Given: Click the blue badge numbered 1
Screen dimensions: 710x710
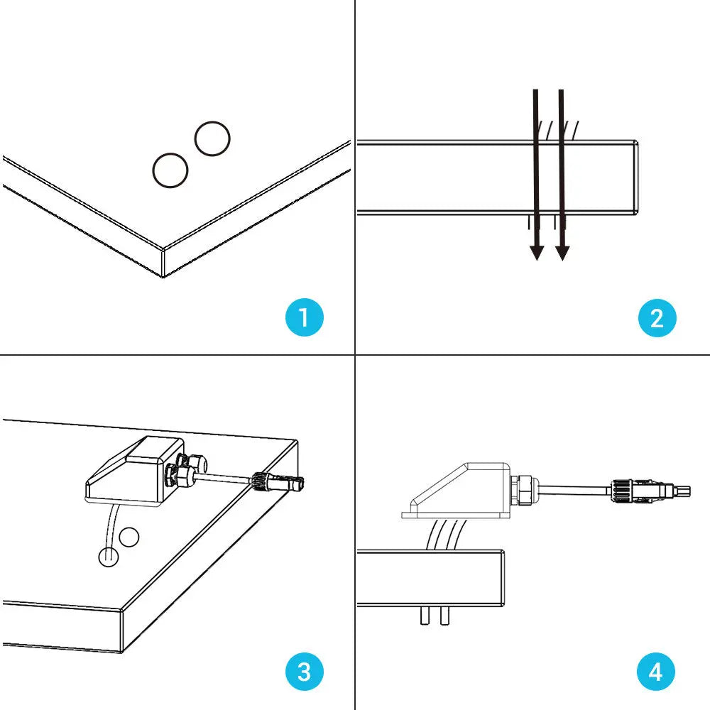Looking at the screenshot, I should (x=305, y=317).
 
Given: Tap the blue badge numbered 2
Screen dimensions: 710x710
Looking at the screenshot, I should (x=657, y=317).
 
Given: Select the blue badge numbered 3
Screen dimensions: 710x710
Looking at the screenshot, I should (x=305, y=671).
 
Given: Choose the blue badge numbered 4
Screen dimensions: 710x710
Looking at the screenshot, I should (x=657, y=671).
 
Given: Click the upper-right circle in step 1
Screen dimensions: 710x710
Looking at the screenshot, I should (x=212, y=139).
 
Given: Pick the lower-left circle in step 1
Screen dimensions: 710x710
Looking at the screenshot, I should (x=170, y=170).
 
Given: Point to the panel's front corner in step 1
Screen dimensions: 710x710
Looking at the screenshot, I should (x=163, y=263).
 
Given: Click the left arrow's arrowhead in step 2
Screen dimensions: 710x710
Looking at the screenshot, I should (x=537, y=251).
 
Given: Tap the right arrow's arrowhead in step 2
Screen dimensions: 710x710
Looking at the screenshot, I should (x=562, y=251).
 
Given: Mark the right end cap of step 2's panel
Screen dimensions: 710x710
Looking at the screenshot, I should (x=635, y=177).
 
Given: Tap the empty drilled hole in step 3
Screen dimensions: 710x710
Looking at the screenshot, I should (x=129, y=537).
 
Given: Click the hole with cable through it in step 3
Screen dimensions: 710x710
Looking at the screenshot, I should (x=106, y=557).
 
